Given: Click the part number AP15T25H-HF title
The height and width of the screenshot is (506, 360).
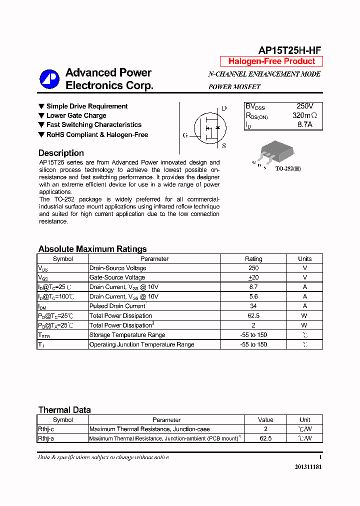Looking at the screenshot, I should [289, 50].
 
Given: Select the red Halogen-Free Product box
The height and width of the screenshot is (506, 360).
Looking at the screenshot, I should [271, 61].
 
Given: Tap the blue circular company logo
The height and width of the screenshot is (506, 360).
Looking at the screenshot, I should [49, 78].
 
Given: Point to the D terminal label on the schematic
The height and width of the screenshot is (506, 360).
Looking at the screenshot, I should [224, 108].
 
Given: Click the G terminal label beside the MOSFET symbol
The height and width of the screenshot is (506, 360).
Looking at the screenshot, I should [185, 135].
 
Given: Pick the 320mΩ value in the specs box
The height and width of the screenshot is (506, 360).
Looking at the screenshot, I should [304, 115].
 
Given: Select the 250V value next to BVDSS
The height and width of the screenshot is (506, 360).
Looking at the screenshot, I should [304, 106].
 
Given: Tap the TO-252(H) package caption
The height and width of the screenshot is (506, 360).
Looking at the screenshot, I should [288, 169].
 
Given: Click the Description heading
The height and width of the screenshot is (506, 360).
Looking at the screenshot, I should [61, 153].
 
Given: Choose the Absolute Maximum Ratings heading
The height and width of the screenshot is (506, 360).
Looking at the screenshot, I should [92, 249].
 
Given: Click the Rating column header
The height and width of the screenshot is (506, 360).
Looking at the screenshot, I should [253, 259].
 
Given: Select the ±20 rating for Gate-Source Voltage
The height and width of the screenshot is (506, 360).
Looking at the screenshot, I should [253, 277].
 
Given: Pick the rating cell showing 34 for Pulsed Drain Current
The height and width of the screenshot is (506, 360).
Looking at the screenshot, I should [253, 306].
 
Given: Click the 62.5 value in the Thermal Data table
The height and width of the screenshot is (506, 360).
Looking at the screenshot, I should [265, 438].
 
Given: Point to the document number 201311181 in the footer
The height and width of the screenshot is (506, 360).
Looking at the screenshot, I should [304, 466].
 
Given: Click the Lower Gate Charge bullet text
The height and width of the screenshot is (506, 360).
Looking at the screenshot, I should [76, 115].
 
